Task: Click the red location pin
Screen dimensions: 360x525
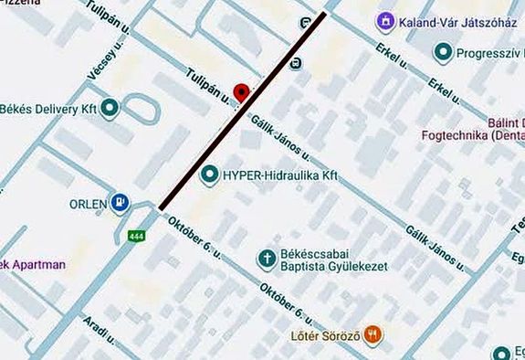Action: point(240,92)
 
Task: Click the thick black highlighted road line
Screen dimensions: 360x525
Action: point(242,112)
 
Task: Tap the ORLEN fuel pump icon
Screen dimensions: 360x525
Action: point(121,203)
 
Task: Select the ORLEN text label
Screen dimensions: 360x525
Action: point(89,203)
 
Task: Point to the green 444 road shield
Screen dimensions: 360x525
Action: point(137,236)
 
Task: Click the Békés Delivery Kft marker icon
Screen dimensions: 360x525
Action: point(110,109)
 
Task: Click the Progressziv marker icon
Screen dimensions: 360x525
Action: point(444,54)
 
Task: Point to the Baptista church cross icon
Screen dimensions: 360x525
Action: point(268,259)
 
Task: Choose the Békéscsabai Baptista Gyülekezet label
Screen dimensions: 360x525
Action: point(332,259)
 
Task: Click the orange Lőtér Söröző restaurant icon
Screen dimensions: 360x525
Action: point(372,335)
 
